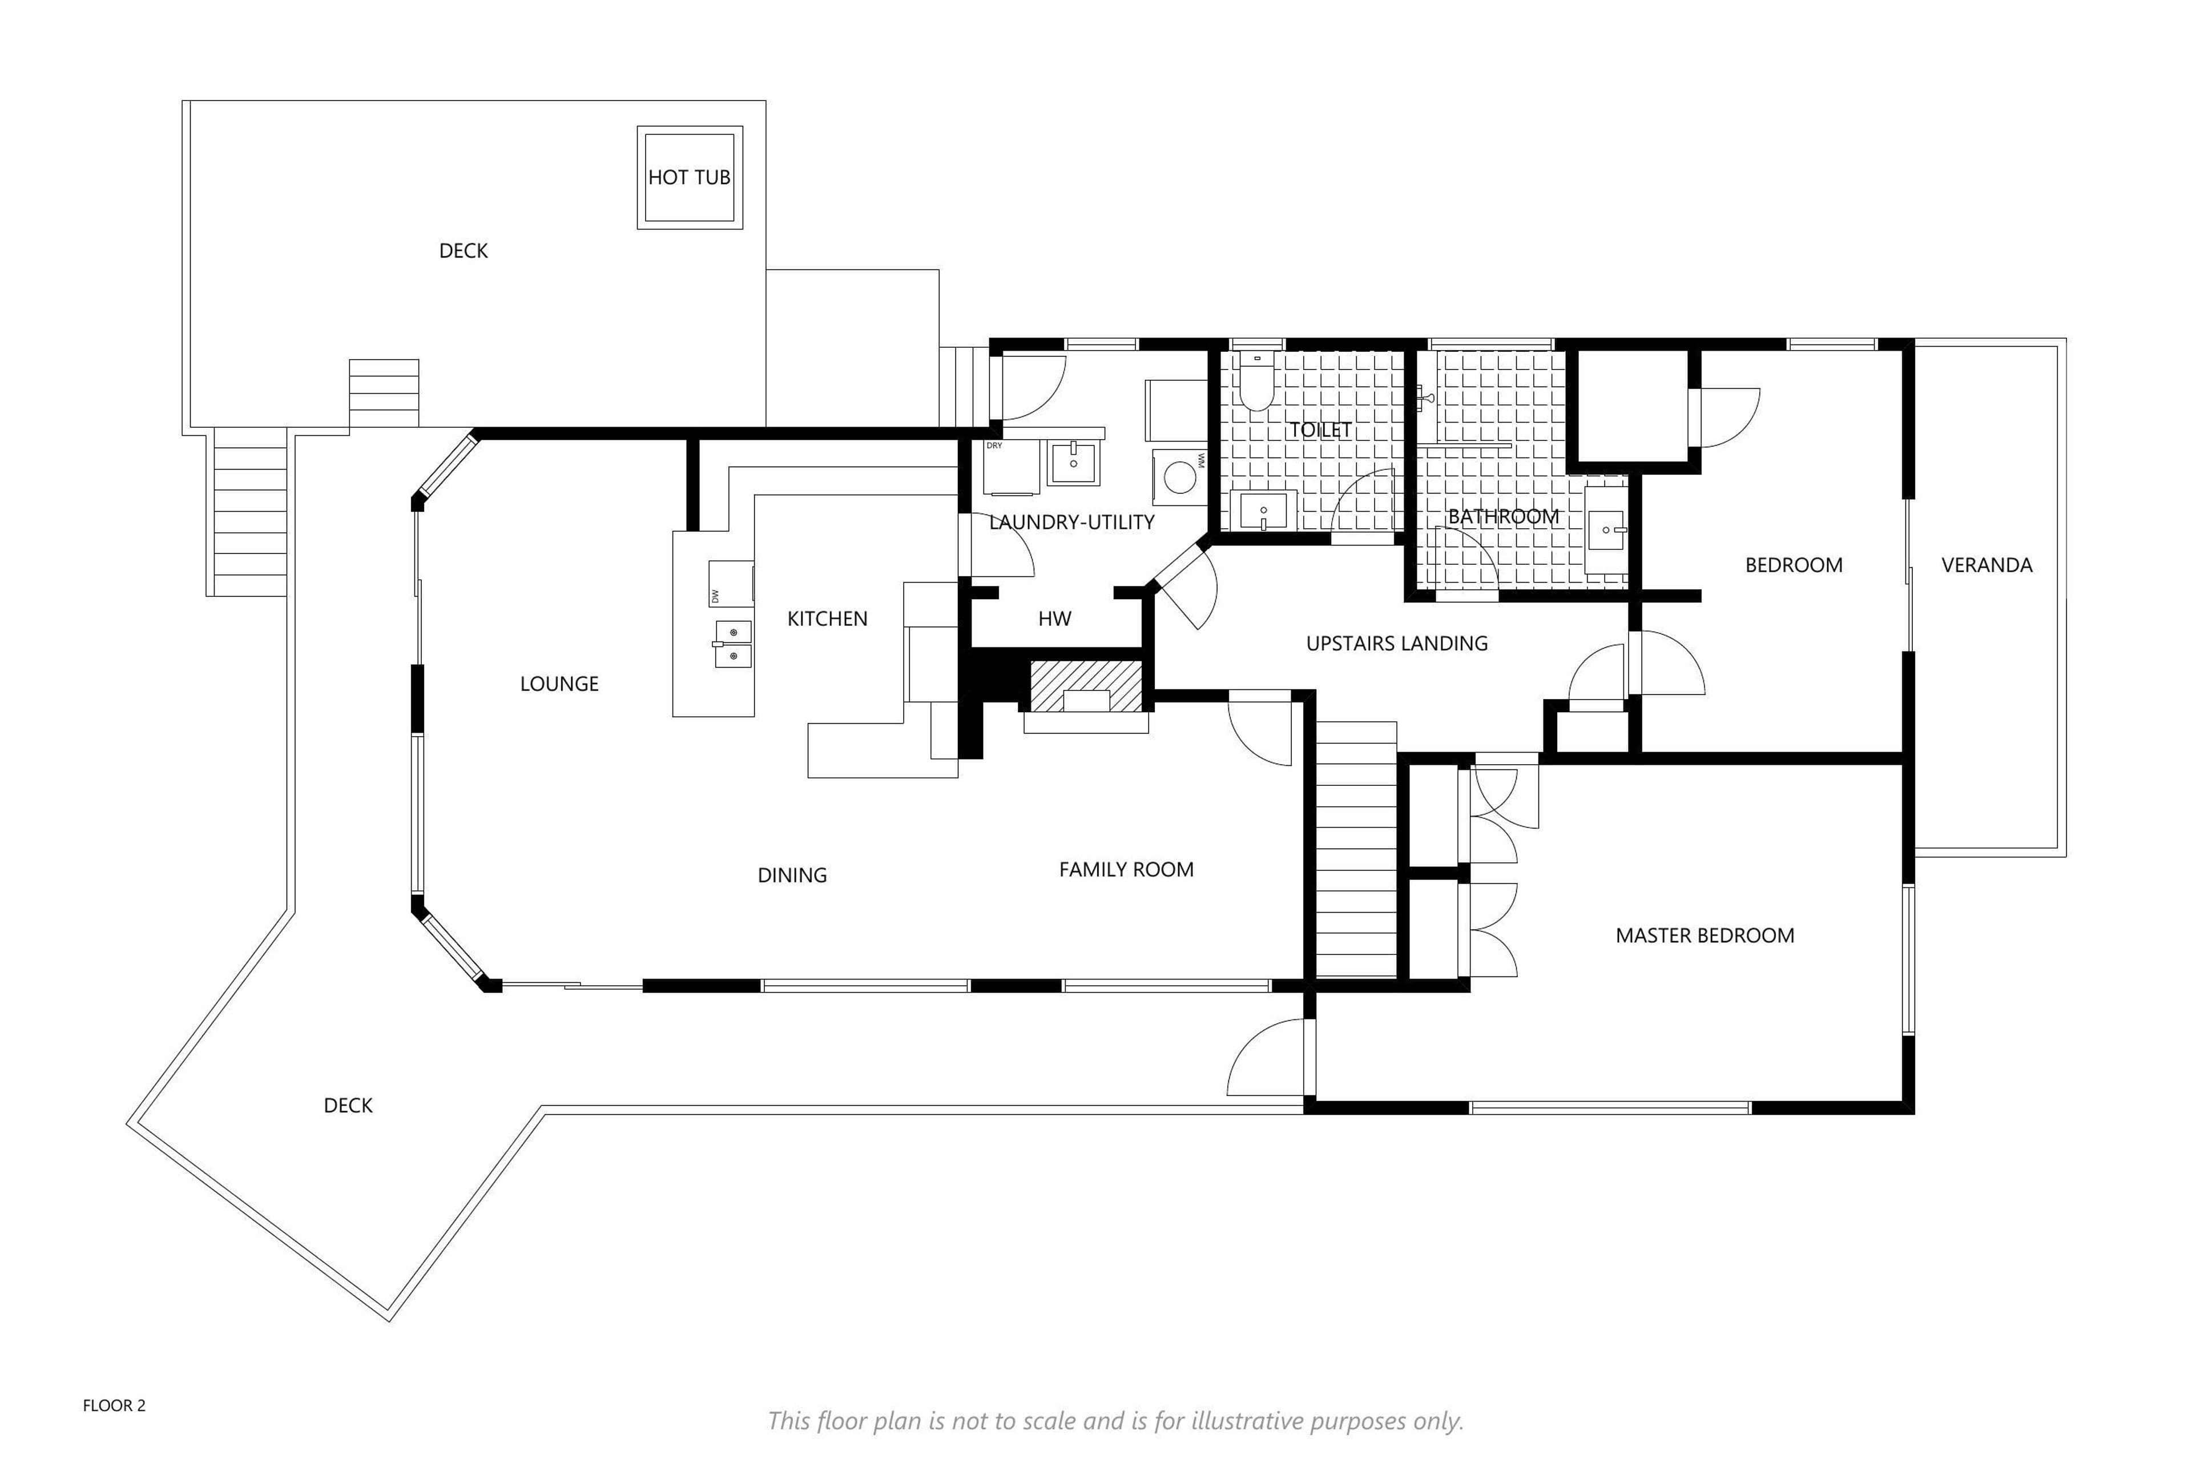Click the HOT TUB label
pos(689,177)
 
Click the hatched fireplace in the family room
pos(1086,685)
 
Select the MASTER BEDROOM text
pos(1705,935)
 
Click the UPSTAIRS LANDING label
pos(1396,644)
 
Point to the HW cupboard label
pos(1054,618)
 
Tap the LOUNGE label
pos(559,684)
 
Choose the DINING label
pos(792,874)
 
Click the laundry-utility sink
pos(1074,463)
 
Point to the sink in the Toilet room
pos(1263,511)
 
